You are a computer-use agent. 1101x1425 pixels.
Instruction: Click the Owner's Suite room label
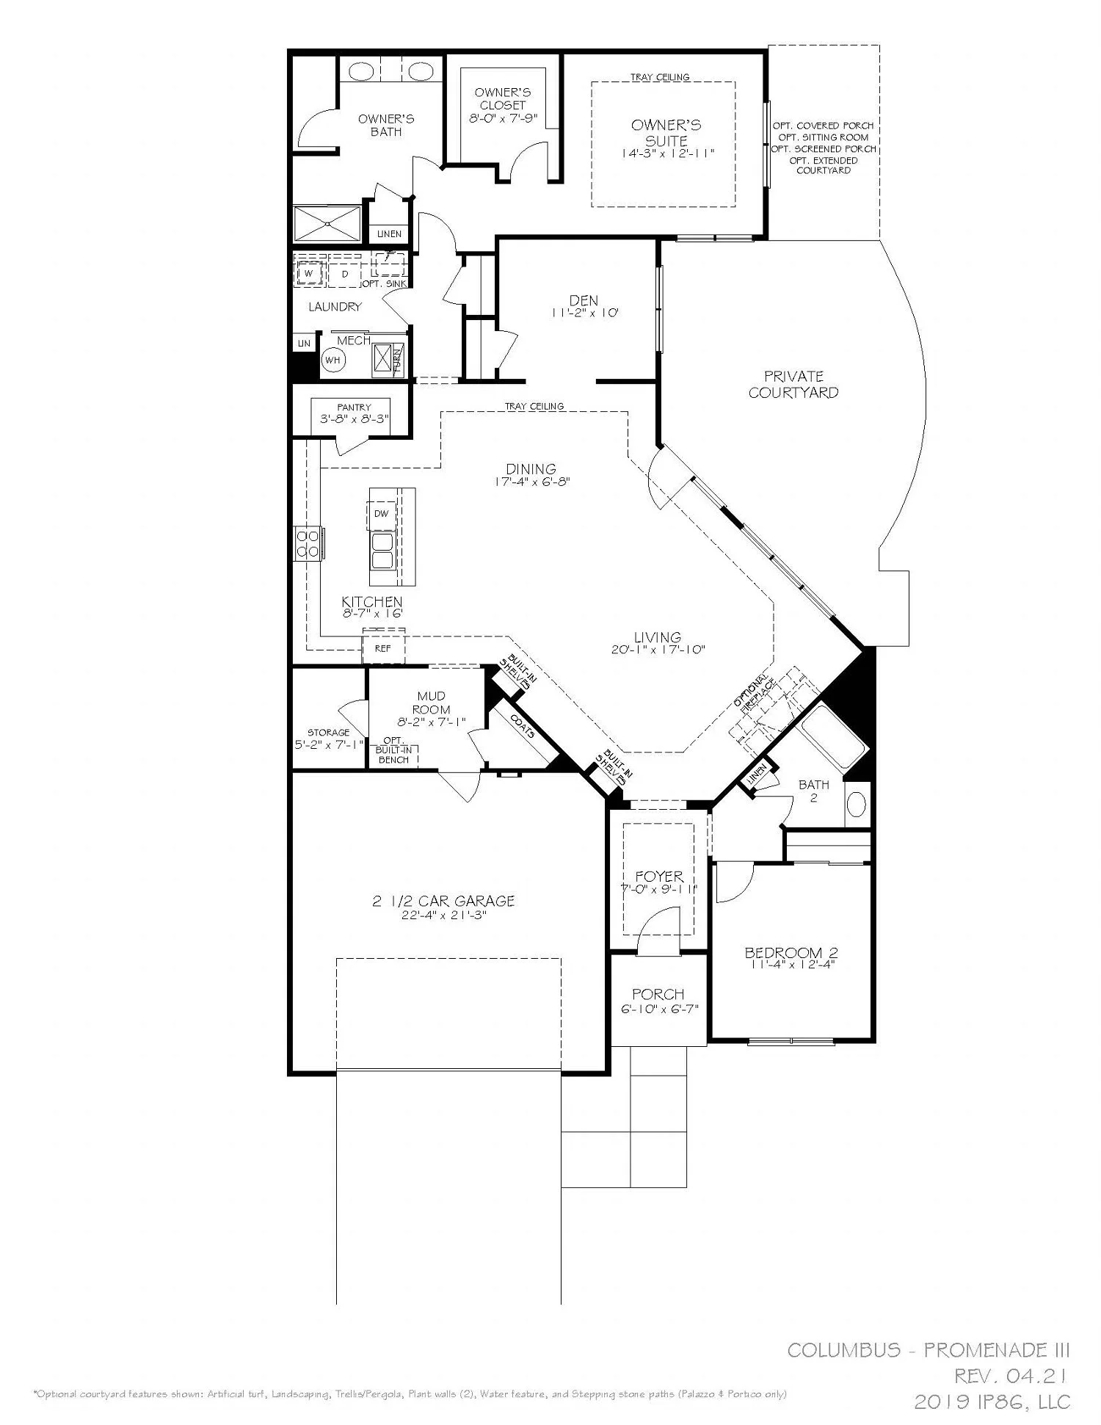[666, 132]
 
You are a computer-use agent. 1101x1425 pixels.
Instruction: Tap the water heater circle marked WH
[333, 360]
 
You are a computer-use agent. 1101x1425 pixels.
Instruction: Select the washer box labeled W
[308, 274]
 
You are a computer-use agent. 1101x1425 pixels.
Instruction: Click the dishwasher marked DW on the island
[381, 514]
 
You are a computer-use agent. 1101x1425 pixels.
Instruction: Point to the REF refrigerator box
[382, 649]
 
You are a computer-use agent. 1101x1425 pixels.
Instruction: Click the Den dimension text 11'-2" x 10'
[584, 313]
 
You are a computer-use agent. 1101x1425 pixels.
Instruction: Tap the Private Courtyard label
[793, 384]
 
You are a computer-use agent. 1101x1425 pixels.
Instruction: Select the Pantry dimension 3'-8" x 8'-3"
[355, 419]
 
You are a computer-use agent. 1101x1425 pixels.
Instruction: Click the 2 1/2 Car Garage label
[443, 901]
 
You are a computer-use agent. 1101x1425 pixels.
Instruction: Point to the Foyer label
[659, 876]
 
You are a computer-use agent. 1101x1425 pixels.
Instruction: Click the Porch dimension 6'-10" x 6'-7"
[658, 1009]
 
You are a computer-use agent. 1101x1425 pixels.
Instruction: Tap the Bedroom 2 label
[791, 953]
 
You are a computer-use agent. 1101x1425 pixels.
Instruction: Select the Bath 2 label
[813, 790]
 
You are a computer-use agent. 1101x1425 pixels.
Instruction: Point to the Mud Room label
[431, 703]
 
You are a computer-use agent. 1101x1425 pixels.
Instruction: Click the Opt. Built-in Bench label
[393, 750]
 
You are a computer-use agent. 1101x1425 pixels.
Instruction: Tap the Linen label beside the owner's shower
[389, 234]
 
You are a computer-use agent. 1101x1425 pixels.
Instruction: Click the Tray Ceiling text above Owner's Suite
[660, 77]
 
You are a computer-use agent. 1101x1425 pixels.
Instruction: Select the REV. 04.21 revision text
[1011, 1375]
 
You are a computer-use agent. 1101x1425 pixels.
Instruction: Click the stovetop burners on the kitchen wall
[307, 544]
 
